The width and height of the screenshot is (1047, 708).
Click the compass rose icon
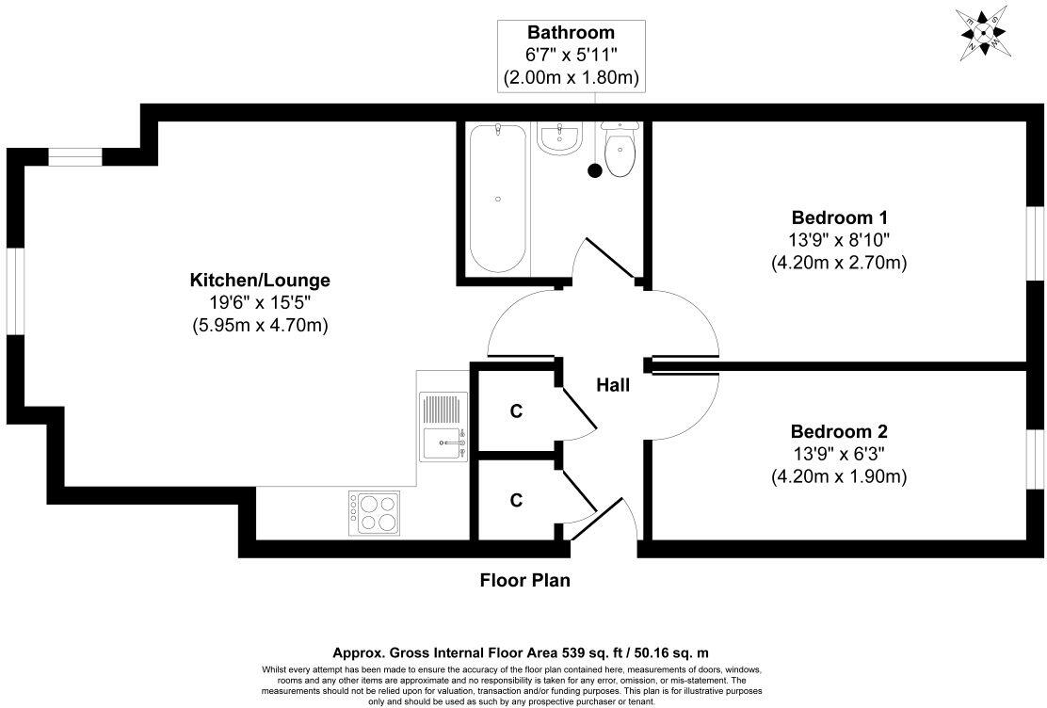pos(983,32)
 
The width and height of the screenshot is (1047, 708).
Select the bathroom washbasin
pos(559,139)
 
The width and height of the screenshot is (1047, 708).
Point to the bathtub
pos(497,199)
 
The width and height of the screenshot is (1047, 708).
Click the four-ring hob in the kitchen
pos(374,513)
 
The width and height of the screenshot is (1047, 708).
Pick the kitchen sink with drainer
pos(443,426)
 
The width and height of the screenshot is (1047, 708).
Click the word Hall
pos(612,385)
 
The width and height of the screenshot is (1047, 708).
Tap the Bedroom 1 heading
pos(839,217)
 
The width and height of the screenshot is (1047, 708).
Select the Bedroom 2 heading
pos(839,431)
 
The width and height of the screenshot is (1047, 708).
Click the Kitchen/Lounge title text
pos(261,280)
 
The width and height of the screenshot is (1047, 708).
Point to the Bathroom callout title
pos(571,32)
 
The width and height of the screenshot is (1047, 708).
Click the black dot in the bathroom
pos(594,170)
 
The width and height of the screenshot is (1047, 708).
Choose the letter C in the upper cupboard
pos(515,411)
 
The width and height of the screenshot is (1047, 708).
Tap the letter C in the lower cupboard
pos(515,500)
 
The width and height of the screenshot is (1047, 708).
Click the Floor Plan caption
pos(524,580)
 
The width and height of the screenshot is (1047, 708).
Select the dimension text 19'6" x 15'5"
pos(261,302)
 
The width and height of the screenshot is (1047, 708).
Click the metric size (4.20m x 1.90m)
pos(839,477)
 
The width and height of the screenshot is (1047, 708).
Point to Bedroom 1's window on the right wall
pos(1036,241)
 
